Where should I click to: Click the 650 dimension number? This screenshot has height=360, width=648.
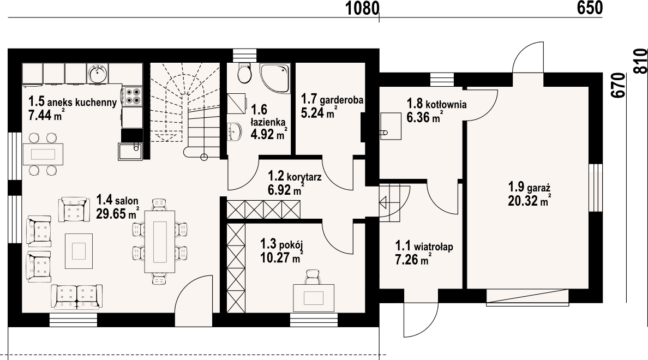coord(590,8)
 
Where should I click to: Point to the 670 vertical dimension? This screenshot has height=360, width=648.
coord(618,85)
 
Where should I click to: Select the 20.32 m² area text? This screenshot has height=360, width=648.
coord(529,201)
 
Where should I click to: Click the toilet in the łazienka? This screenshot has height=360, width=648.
coord(244,74)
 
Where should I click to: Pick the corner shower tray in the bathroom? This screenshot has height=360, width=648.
coord(275,79)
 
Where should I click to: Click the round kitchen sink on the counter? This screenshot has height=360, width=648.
coord(98,74)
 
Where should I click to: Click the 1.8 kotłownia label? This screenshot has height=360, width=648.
coord(437,103)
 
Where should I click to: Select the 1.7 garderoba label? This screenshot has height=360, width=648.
coord(332,99)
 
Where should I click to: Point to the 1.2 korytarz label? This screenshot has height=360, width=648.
coord(295,177)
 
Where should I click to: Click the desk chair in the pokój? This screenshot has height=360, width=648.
coord(313,277)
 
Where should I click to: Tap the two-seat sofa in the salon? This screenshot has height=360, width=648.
coord(76,297)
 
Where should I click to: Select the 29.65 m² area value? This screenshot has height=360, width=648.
coord(117,214)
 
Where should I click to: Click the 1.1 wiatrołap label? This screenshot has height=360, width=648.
coord(424,247)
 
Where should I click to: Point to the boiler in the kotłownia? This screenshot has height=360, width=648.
coord(391,126)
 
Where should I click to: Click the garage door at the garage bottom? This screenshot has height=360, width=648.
coord(527,298)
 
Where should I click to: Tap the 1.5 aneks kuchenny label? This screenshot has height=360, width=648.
coord(73,101)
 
